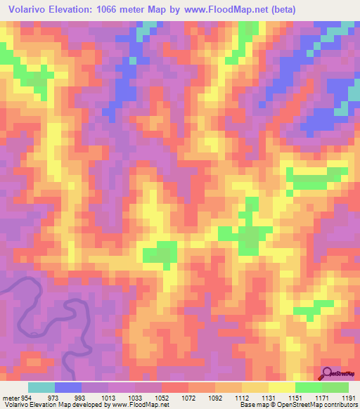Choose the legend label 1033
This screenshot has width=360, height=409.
click(136, 397)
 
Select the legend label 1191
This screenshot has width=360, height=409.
click(348, 397)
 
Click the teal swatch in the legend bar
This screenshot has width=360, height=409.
click(41, 387)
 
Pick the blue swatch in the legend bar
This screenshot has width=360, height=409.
click(68, 387)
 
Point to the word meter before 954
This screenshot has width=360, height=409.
click(10, 397)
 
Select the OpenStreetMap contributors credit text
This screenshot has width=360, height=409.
click(318, 405)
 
